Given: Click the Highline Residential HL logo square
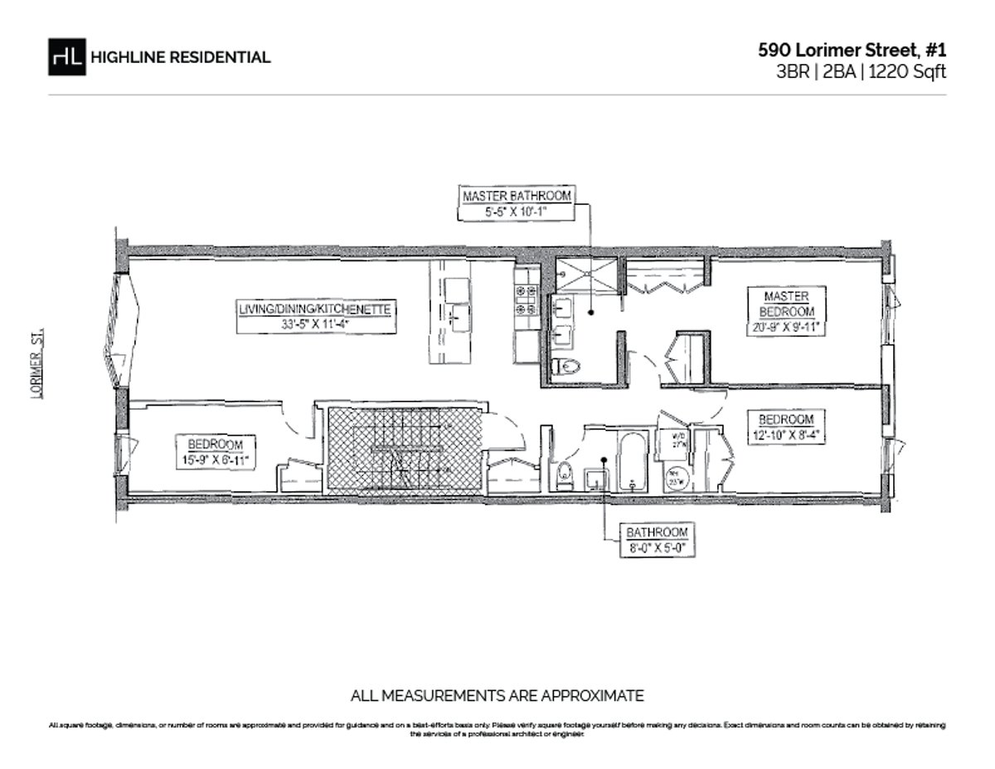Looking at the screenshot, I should click(x=67, y=57).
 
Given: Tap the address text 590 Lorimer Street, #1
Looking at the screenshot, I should click(x=852, y=50).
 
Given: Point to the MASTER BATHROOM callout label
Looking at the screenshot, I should click(x=517, y=203).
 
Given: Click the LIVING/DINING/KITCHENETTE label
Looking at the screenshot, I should click(x=314, y=316).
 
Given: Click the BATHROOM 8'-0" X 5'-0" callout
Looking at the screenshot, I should click(x=658, y=539).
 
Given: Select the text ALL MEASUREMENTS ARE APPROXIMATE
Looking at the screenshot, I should click(x=498, y=695).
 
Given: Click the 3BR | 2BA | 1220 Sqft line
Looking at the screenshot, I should click(x=861, y=71).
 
